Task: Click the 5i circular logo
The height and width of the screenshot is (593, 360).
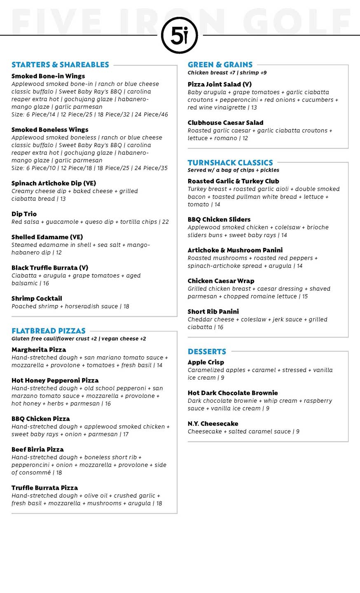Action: pyautogui.click(x=180, y=35)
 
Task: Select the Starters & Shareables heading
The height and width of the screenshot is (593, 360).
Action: pyautogui.click(x=60, y=65)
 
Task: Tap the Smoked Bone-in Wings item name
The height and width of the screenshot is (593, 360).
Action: pyautogui.click(x=48, y=76)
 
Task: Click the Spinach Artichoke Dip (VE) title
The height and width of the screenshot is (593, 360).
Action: pyautogui.click(x=54, y=183)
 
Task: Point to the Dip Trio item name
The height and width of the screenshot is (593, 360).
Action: pyautogui.click(x=24, y=214)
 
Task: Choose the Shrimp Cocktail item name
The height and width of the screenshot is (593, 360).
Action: pyautogui.click(x=37, y=299)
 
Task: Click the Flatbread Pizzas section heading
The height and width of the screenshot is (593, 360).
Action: pyautogui.click(x=49, y=331)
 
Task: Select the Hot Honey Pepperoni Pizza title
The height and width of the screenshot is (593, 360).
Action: pyautogui.click(x=55, y=381)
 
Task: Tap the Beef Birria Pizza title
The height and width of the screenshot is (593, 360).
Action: pyautogui.click(x=37, y=449)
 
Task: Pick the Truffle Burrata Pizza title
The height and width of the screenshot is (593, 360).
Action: pyautogui.click(x=44, y=488)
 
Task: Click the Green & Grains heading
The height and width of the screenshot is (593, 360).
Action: pyautogui.click(x=220, y=65)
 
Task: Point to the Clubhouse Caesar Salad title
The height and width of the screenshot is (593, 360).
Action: pyautogui.click(x=225, y=123)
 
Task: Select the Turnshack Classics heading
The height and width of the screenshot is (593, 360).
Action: pyautogui.click(x=230, y=163)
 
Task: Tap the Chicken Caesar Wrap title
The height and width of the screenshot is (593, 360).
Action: pyautogui.click(x=221, y=281)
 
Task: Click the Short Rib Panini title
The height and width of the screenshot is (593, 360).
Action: pyautogui.click(x=213, y=312)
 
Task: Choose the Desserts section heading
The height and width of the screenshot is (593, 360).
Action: pyautogui.click(x=207, y=352)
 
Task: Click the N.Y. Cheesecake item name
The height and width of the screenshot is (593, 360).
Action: pyautogui.click(x=213, y=424)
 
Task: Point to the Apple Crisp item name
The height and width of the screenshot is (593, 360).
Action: pyautogui.click(x=206, y=362)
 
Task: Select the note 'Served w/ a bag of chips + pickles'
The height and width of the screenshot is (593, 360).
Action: pyautogui.click(x=233, y=170)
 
